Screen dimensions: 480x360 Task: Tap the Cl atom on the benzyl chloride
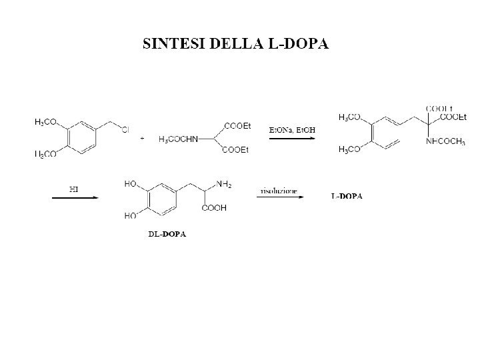point(125,129)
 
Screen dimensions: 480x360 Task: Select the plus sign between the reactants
point(143,139)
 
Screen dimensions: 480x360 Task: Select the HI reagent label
point(75,189)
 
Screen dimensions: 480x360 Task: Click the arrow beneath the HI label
point(75,197)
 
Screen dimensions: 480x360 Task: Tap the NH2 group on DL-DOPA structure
point(224,185)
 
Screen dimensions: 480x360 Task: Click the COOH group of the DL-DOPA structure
point(214,208)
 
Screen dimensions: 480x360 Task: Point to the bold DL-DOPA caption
point(167,234)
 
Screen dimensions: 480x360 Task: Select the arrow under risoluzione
point(280,197)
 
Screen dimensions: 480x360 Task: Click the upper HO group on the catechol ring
point(131,184)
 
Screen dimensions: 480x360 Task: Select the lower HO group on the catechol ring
point(131,216)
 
